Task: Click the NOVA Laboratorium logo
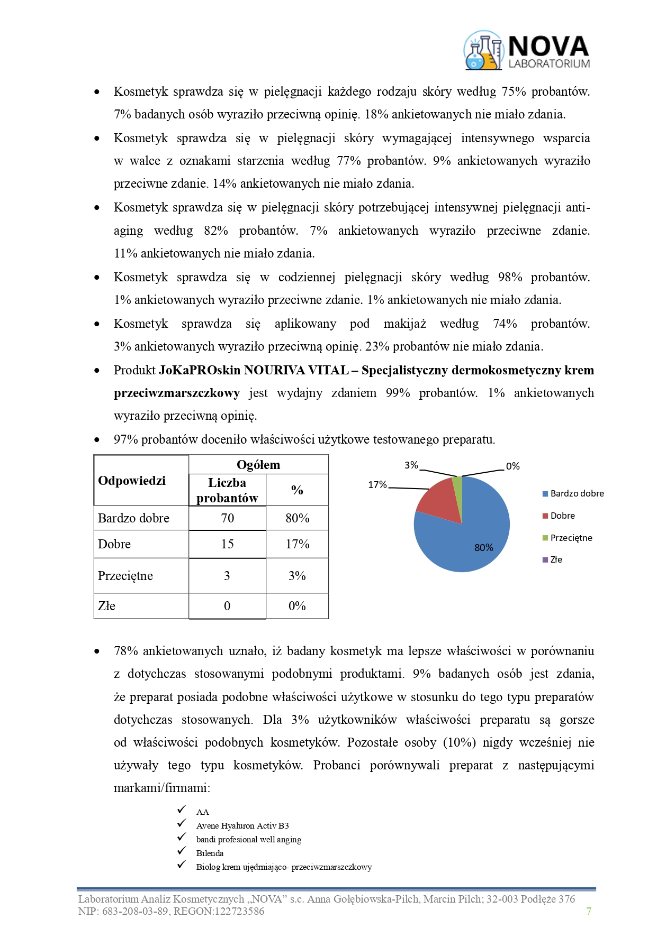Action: [x=526, y=51]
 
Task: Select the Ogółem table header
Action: [x=258, y=465]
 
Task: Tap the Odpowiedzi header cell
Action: [x=132, y=481]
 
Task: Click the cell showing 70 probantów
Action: [x=227, y=518]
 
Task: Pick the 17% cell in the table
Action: [x=297, y=544]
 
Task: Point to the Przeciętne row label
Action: [x=125, y=576]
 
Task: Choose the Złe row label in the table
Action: [x=107, y=606]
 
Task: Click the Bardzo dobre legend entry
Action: [x=577, y=494]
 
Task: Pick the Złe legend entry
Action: [x=556, y=559]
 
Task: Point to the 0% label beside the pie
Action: [x=512, y=466]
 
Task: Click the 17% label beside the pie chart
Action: [x=377, y=485]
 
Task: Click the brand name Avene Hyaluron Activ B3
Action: [x=242, y=825]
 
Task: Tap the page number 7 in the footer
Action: [x=589, y=911]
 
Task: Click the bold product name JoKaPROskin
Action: [x=200, y=370]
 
